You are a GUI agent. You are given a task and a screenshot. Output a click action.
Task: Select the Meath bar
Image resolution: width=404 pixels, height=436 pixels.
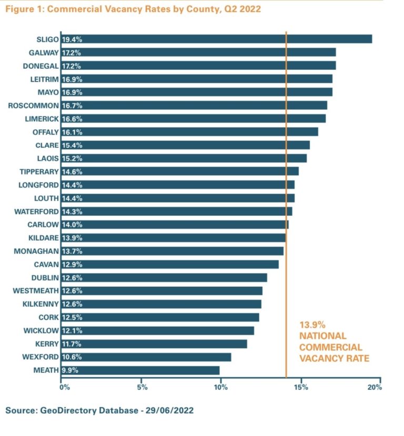click(140, 370)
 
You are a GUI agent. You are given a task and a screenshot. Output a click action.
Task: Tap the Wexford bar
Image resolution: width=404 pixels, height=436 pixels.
click(146, 357)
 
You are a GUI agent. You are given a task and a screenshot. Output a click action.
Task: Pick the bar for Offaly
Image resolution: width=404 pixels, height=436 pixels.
click(190, 132)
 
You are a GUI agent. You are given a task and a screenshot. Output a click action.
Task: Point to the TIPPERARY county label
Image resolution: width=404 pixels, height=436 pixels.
click(37, 171)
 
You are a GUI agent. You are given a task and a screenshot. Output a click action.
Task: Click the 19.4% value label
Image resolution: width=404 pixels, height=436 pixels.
click(72, 39)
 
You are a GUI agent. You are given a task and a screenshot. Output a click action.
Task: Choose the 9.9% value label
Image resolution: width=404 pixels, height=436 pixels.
click(70, 370)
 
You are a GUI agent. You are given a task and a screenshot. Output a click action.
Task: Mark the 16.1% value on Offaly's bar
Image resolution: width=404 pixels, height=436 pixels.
click(72, 132)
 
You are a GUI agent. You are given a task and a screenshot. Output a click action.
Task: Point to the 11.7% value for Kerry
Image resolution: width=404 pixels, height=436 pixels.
click(72, 344)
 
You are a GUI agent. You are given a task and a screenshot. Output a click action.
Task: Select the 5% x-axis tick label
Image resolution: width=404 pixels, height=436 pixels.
click(142, 388)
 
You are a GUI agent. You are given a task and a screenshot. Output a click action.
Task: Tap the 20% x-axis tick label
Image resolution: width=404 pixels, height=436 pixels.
click(375, 388)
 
